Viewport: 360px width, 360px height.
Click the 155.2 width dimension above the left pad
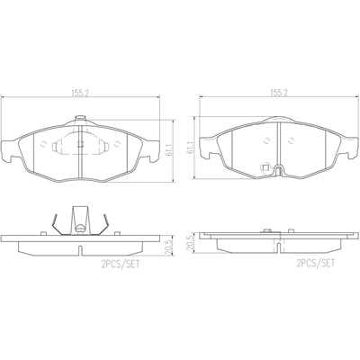(x=80, y=93)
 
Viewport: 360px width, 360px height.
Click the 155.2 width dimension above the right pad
(x=278, y=93)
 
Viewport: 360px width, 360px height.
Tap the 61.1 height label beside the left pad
(x=169, y=150)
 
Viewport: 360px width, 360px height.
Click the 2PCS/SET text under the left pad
(x=121, y=264)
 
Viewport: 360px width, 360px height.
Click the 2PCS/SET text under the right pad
(x=316, y=264)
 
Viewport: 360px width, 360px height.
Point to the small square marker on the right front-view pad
(x=265, y=167)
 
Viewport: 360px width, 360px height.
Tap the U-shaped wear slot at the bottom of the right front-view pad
(x=279, y=170)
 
